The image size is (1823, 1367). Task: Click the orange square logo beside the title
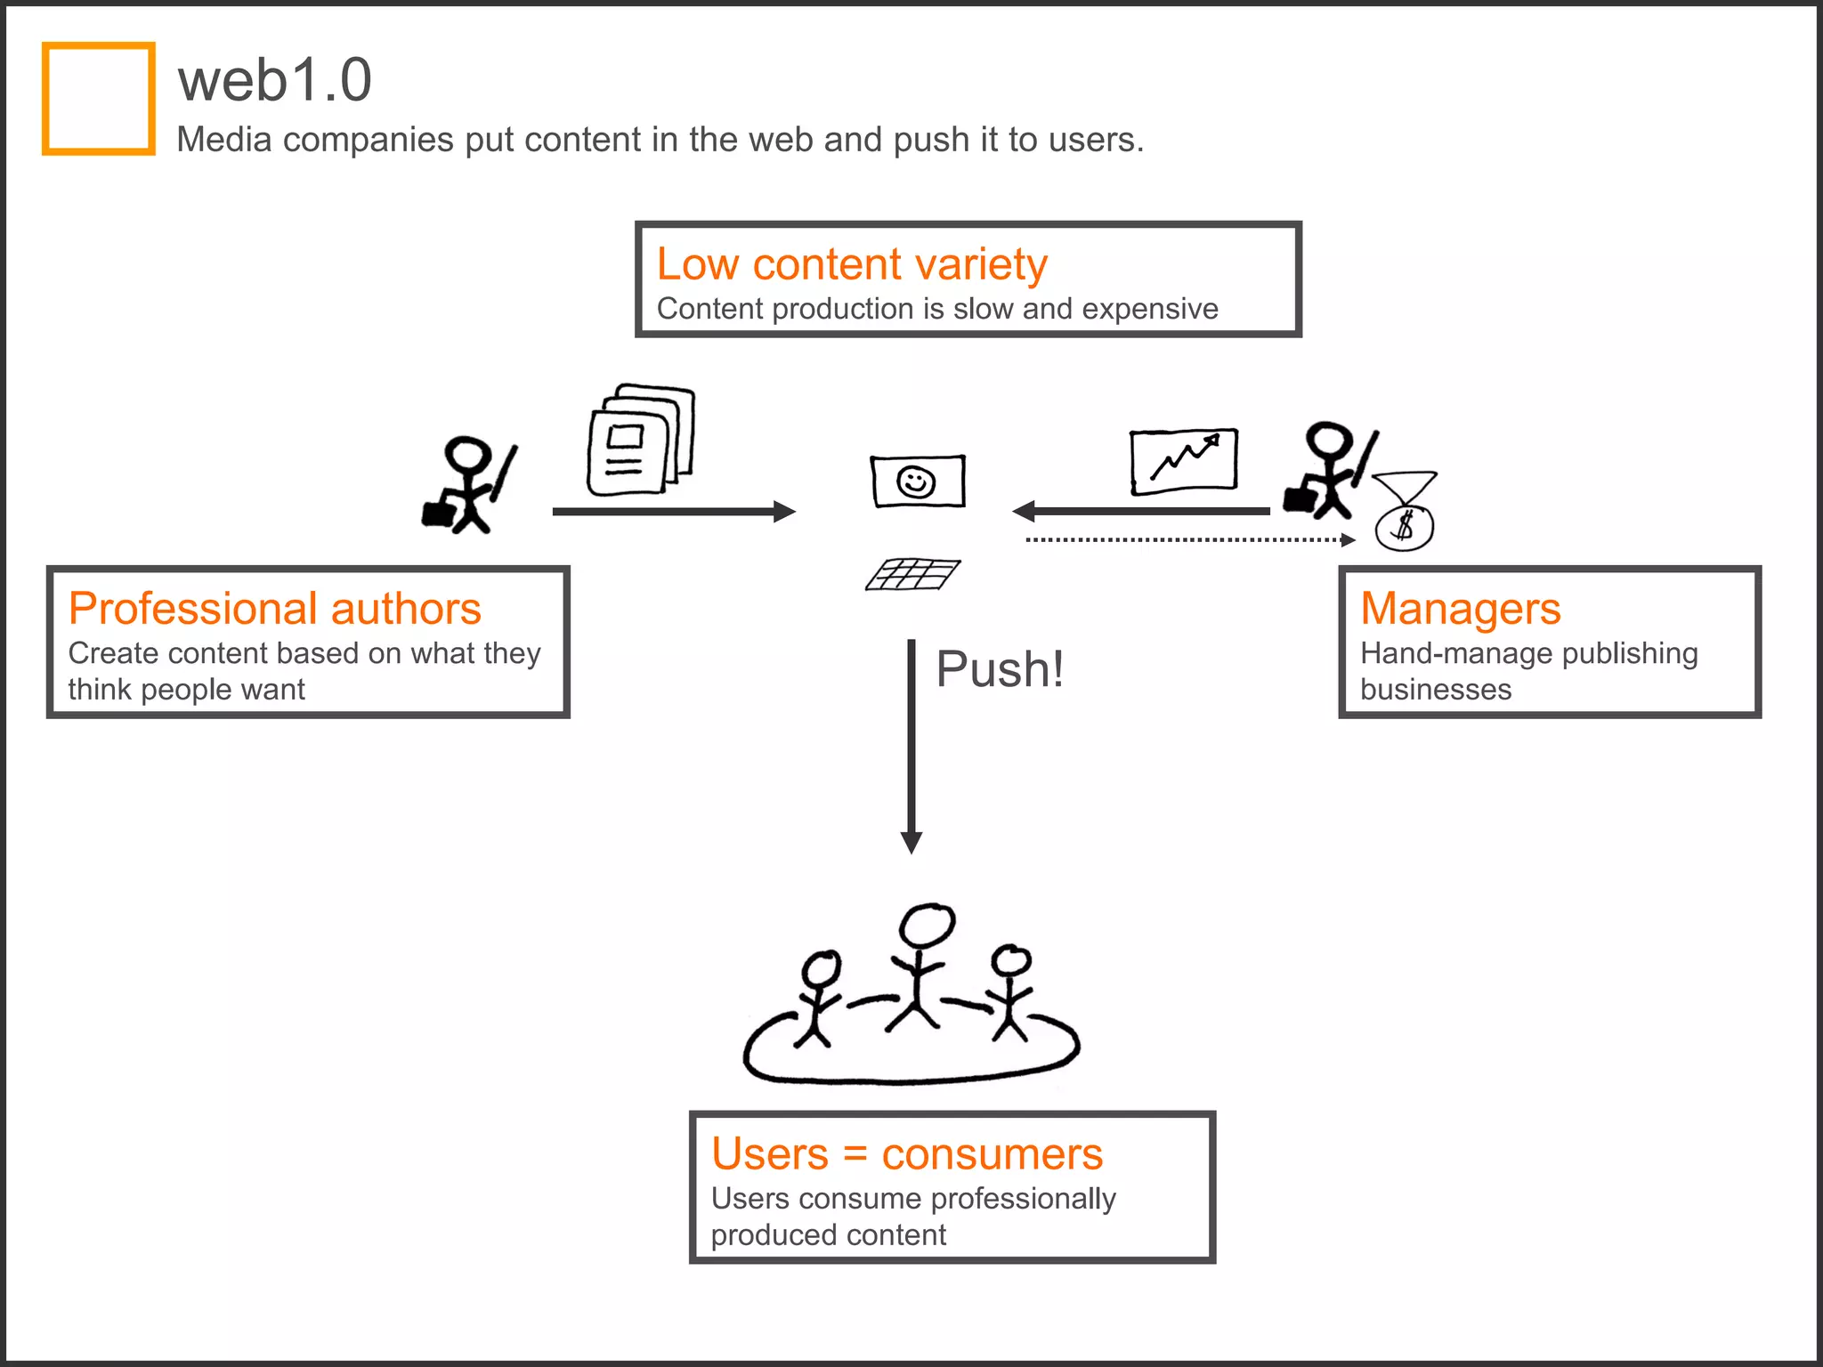point(99,99)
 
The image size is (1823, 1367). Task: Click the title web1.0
point(274,80)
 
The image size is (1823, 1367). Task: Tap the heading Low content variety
point(852,264)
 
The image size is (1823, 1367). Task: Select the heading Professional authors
point(274,609)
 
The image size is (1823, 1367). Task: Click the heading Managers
point(1460,609)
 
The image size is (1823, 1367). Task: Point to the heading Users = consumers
point(906,1154)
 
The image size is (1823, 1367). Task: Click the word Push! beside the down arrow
point(1000,669)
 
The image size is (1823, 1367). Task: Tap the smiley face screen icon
point(917,481)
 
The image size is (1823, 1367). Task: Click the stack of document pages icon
point(639,440)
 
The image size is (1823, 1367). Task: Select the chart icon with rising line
point(1184,461)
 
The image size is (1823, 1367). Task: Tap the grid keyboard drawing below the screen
point(913,574)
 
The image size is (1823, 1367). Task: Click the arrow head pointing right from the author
point(783,511)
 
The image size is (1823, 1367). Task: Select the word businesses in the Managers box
point(1435,690)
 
